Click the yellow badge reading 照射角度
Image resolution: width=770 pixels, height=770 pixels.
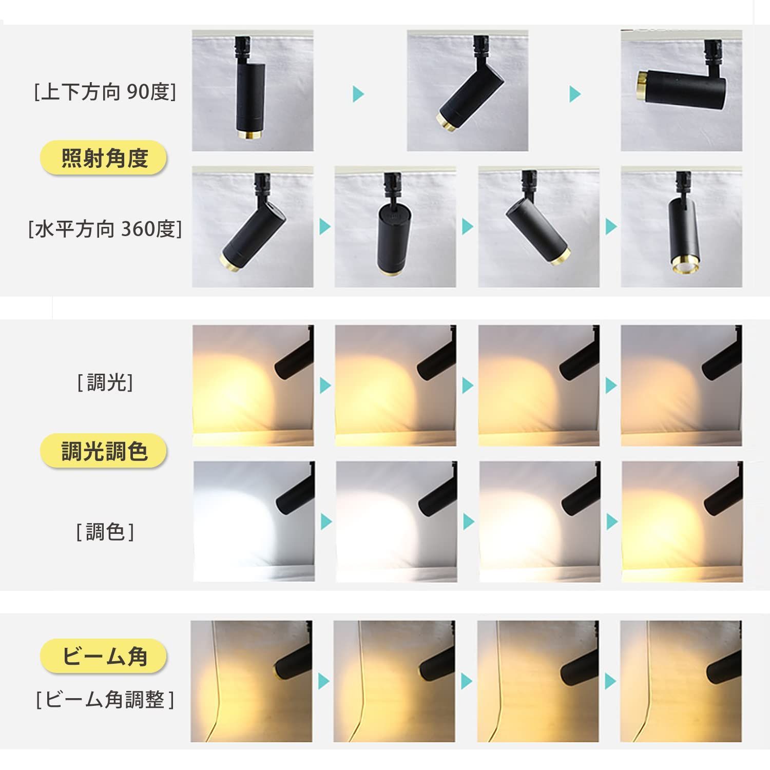pyautogui.click(x=104, y=158)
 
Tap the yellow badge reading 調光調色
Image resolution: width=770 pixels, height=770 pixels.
pyautogui.click(x=104, y=451)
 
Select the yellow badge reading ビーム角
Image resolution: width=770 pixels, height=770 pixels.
pyautogui.click(x=104, y=656)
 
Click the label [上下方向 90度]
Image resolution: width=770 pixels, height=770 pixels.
pyautogui.click(x=105, y=92)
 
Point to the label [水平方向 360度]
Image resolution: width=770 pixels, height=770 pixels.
pyautogui.click(x=105, y=229)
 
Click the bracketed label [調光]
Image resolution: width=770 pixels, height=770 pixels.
pyautogui.click(x=105, y=382)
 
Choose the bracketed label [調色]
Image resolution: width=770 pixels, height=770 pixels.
pyautogui.click(x=105, y=532)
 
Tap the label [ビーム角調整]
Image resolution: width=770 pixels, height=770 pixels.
pyautogui.click(x=105, y=699)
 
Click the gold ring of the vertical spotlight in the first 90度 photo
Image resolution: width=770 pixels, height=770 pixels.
pyautogui.click(x=251, y=135)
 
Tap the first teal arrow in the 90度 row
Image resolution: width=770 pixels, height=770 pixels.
pyautogui.click(x=358, y=94)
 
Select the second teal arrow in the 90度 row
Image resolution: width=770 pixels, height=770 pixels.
pyautogui.click(x=575, y=94)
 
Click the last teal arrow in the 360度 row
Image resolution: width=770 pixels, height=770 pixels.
pyautogui.click(x=611, y=226)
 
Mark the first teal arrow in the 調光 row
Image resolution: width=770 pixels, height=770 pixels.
pyautogui.click(x=325, y=385)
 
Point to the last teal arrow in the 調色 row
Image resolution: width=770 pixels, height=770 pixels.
pyautogui.click(x=611, y=522)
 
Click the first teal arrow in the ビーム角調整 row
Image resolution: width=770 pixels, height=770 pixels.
pyautogui.click(x=323, y=681)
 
